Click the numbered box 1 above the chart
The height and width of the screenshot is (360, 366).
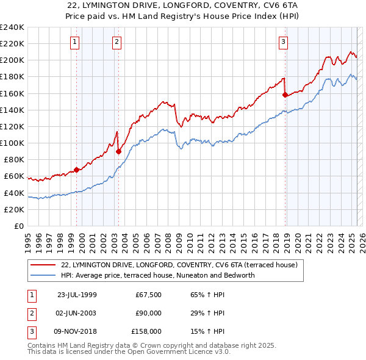[74, 42]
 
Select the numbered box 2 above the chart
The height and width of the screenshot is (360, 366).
[117, 42]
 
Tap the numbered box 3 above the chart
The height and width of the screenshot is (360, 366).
[284, 42]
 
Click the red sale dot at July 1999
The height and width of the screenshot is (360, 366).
[77, 170]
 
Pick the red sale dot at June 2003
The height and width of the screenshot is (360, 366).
[118, 151]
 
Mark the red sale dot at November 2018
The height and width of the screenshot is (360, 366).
[285, 95]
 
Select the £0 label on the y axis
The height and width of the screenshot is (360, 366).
[18, 226]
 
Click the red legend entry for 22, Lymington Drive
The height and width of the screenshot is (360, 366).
[179, 265]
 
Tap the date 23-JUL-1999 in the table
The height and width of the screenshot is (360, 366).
[77, 295]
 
